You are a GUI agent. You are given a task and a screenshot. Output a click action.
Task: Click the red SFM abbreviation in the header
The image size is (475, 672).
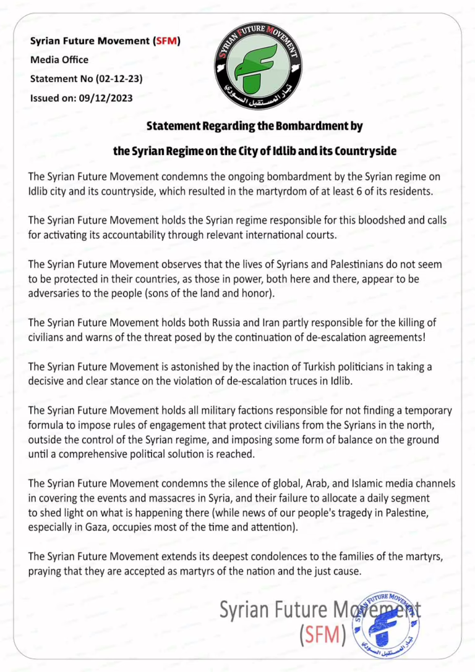(166, 41)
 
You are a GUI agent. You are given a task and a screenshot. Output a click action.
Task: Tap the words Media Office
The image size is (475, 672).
(59, 60)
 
